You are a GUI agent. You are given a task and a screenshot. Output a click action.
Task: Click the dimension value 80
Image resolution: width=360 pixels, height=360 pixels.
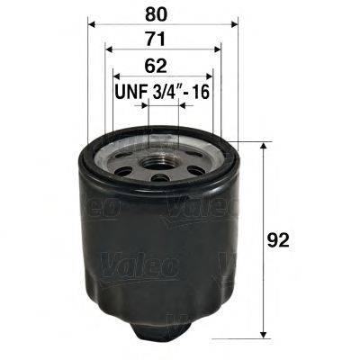tap(162, 13)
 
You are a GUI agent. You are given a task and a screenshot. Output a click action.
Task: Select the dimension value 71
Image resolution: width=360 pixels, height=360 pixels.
tap(162, 40)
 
